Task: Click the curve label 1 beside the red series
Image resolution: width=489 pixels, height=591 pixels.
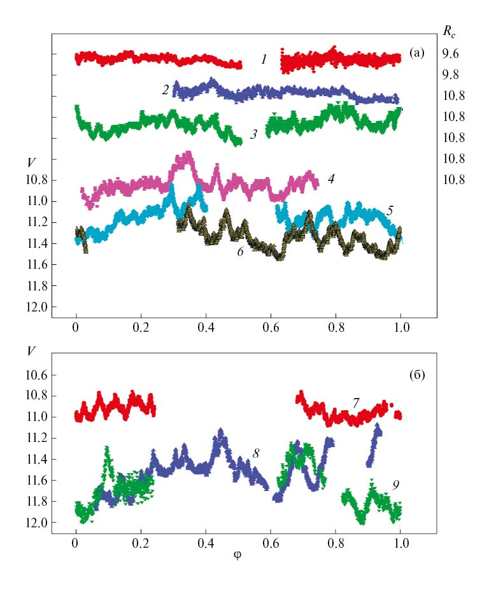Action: (x=264, y=60)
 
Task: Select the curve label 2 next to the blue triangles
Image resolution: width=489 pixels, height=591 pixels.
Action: (x=165, y=90)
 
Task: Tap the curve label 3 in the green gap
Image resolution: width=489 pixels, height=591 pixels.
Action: (x=253, y=135)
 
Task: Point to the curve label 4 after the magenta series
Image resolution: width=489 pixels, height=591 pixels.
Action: (x=331, y=179)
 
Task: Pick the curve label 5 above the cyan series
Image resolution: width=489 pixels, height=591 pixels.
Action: (x=390, y=211)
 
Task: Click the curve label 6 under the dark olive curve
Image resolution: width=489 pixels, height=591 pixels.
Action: (x=240, y=252)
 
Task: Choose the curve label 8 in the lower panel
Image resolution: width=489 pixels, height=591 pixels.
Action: (x=255, y=453)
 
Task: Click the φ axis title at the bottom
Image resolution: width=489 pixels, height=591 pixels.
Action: (x=237, y=556)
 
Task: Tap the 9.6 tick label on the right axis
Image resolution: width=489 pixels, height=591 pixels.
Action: (x=450, y=54)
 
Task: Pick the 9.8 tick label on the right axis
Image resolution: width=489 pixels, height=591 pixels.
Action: (x=450, y=75)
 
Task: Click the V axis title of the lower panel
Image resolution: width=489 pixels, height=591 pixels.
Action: (x=31, y=351)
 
